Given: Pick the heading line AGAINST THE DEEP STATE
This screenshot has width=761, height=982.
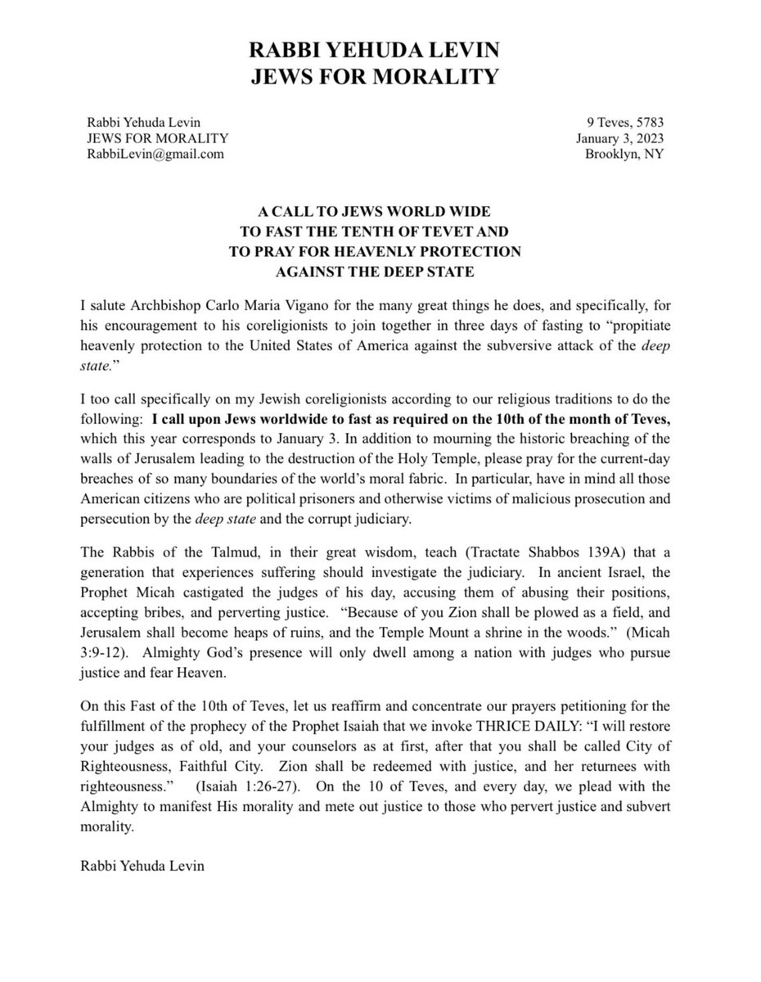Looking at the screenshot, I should pos(380,269).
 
